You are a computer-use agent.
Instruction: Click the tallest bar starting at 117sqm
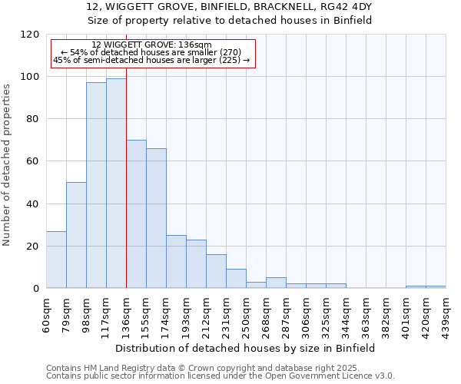tap(116, 184)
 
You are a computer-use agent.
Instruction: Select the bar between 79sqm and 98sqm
tap(76, 235)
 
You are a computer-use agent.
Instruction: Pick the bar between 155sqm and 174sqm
tap(156, 218)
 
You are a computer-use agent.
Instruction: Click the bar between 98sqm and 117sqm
tap(96, 185)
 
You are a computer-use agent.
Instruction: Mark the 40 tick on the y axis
tap(33, 204)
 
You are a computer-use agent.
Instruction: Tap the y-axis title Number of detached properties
tap(8, 165)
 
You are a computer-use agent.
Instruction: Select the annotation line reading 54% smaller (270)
tap(151, 52)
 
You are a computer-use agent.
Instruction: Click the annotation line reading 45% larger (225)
tap(151, 60)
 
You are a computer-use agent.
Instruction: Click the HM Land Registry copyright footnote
tap(220, 368)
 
